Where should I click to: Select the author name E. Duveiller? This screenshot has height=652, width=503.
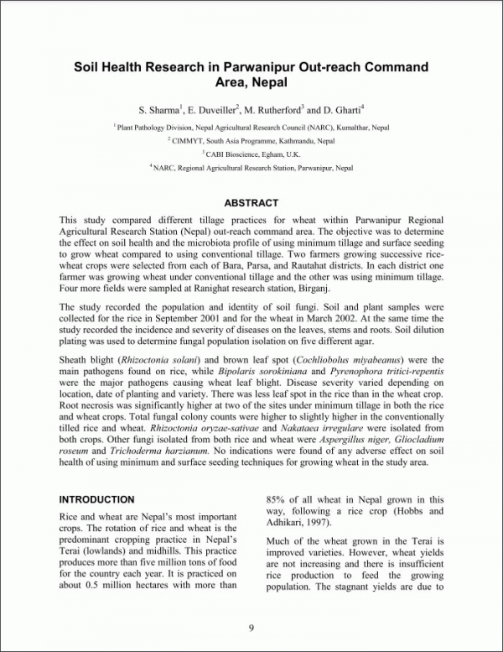(x=205, y=110)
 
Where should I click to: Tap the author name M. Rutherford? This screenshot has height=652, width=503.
(x=272, y=110)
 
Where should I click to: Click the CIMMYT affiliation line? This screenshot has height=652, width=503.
(x=251, y=140)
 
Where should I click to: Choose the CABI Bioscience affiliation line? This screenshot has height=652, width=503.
(x=251, y=154)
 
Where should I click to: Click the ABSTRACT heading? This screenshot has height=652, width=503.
(x=251, y=203)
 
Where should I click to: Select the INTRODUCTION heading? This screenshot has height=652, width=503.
(x=96, y=499)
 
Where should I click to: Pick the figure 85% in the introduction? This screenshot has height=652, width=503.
(x=277, y=499)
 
